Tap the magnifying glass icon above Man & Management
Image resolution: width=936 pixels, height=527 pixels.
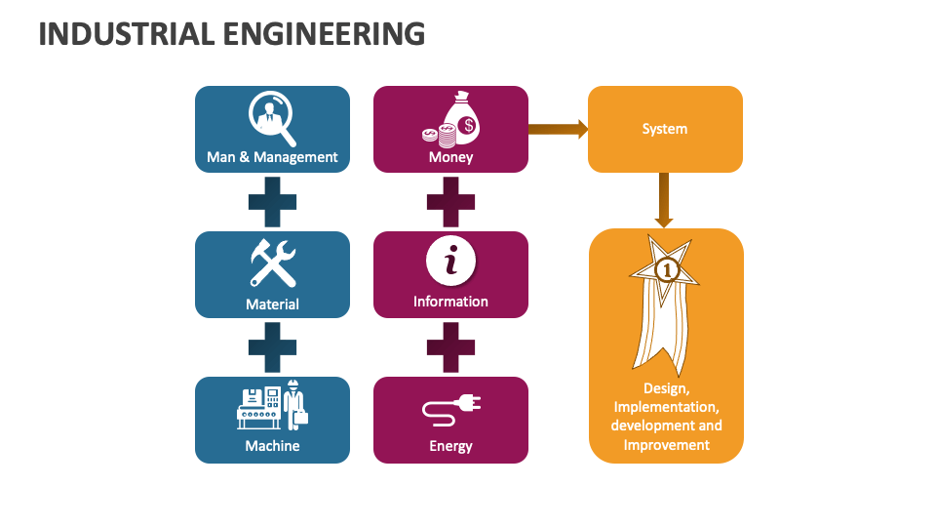coord(272,116)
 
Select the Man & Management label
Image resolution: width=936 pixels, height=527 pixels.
coord(272,156)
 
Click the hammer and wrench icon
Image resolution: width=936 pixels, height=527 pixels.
coord(272,263)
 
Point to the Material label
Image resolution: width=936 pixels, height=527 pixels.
coord(272,304)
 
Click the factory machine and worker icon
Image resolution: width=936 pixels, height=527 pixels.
coord(272,404)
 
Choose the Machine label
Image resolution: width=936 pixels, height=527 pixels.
coord(272,445)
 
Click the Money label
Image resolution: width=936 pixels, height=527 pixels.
coord(450,156)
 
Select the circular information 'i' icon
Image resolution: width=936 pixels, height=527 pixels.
coord(450,262)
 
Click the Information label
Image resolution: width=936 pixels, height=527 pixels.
coord(450,301)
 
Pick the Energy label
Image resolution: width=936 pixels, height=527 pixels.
coord(450,446)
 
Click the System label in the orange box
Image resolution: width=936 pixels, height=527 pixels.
coord(664,129)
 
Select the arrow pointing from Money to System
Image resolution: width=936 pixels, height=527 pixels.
coord(557,128)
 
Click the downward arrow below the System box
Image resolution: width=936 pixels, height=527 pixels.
coord(664,200)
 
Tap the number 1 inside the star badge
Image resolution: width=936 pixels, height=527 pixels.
coord(666,267)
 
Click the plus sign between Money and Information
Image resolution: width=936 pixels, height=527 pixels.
coord(450,203)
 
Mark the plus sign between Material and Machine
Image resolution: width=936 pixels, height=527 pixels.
coord(272,347)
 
